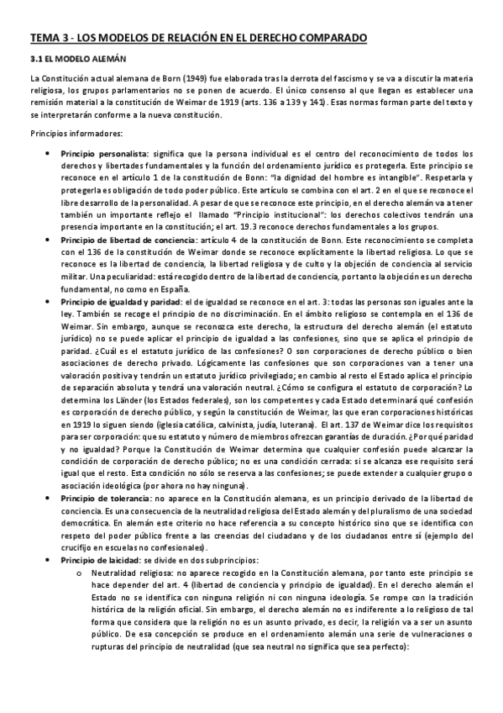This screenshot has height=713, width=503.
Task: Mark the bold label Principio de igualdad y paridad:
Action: (x=132, y=301)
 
